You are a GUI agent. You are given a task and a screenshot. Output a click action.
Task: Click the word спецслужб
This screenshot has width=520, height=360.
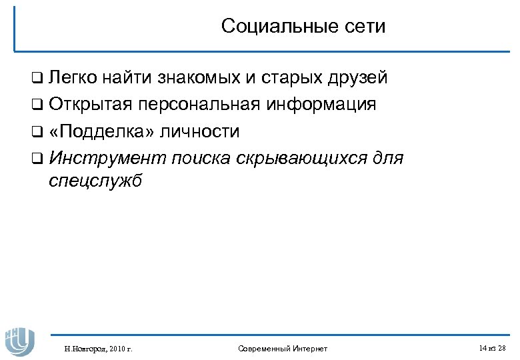click(x=96, y=182)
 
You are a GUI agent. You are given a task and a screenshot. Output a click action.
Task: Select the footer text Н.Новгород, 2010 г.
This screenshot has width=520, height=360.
click(x=98, y=348)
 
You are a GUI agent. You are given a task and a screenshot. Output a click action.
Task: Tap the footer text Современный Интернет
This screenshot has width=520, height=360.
click(x=282, y=348)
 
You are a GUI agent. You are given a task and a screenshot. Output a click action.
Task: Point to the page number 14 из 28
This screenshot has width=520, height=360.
click(x=492, y=348)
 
